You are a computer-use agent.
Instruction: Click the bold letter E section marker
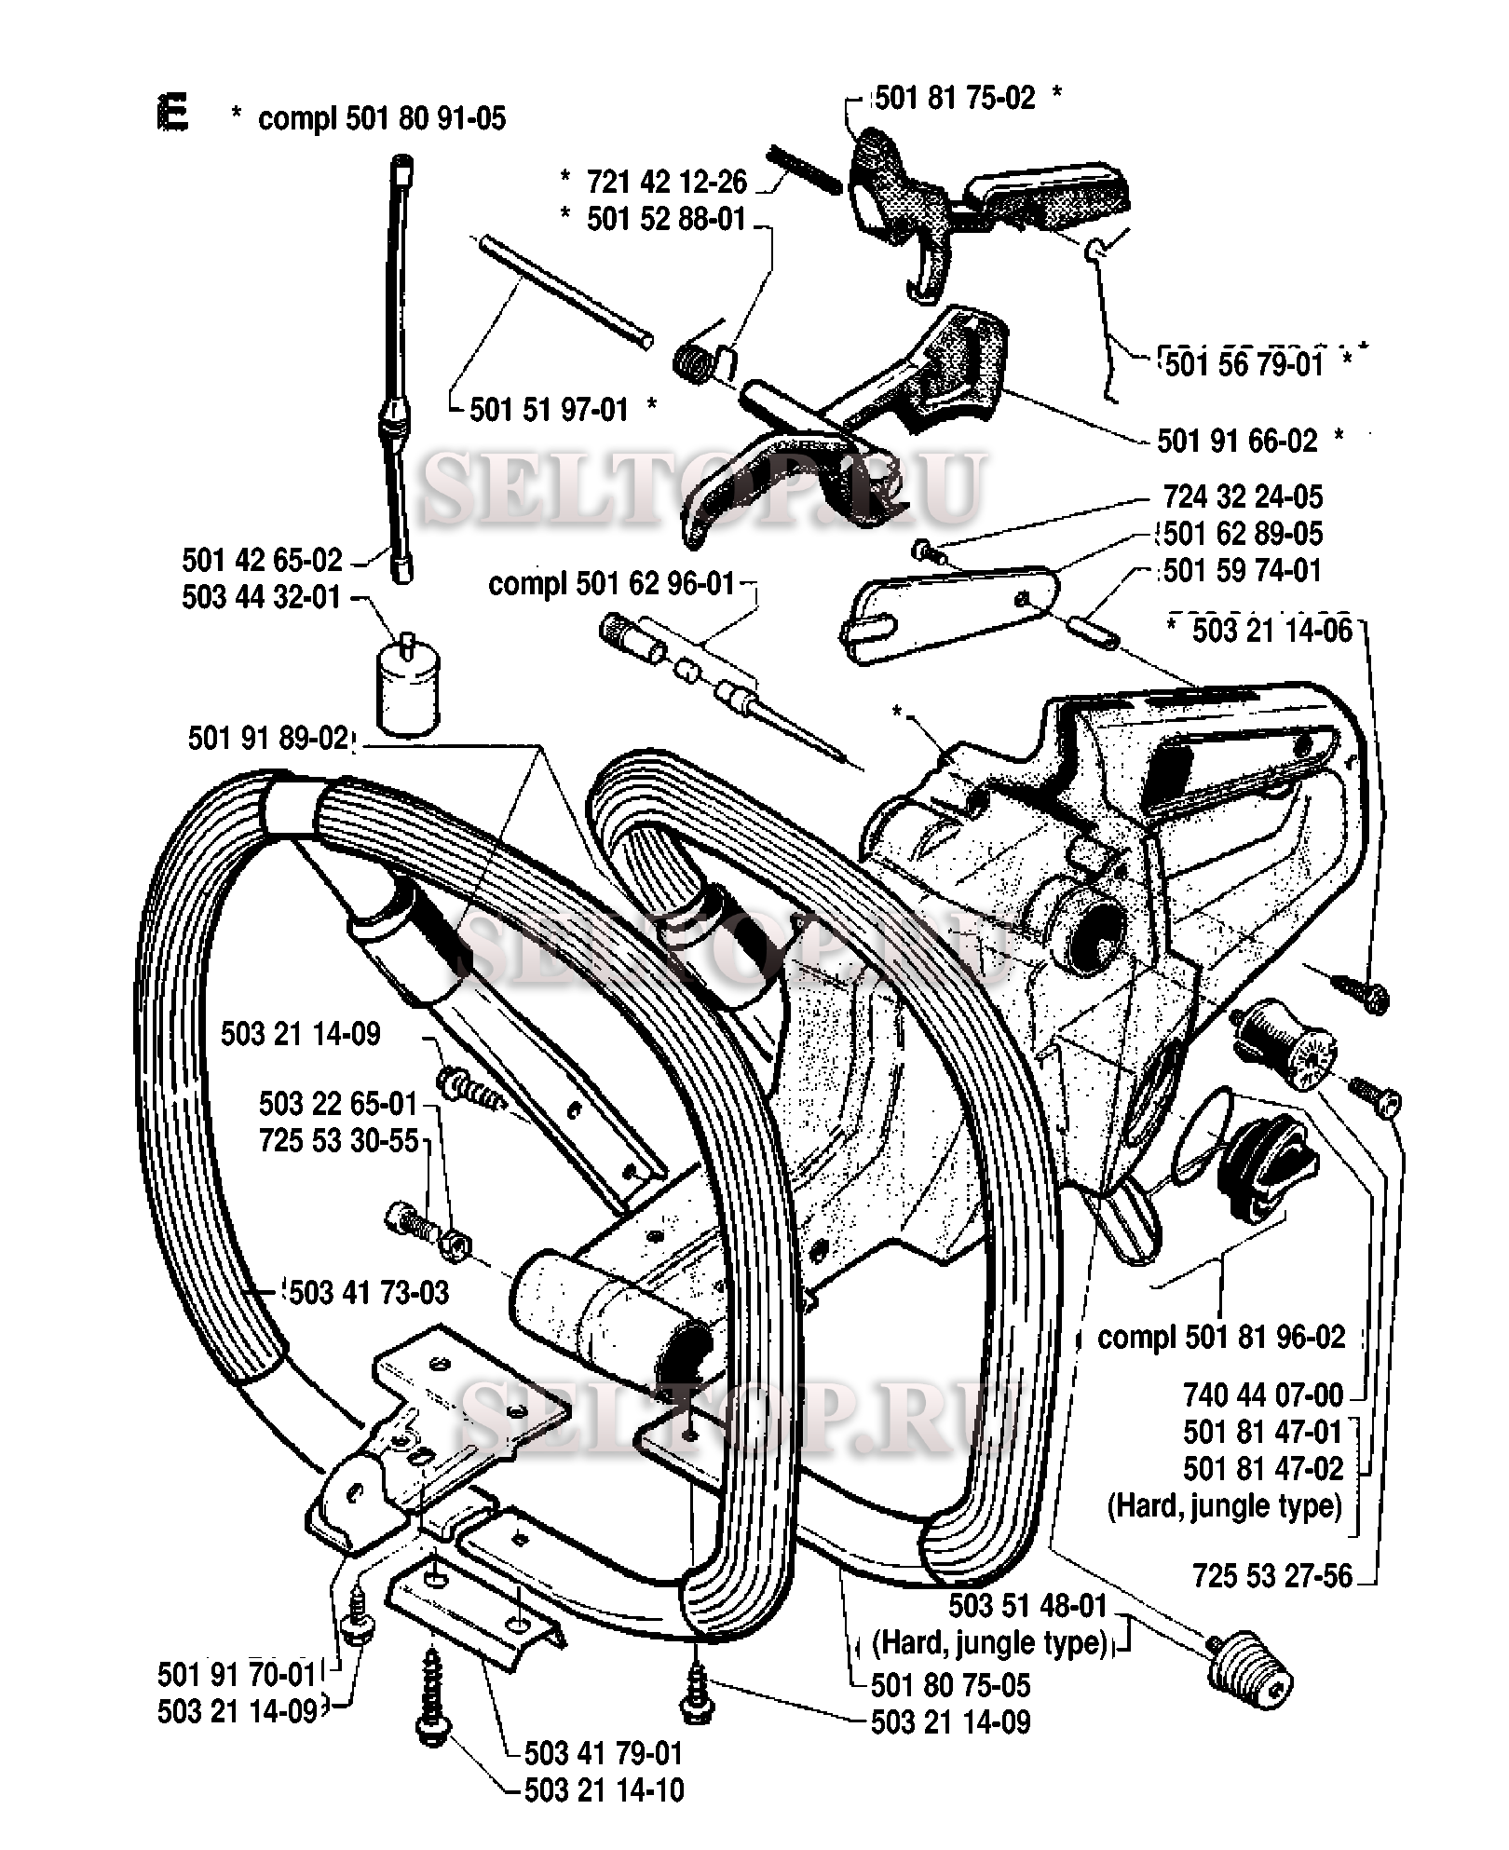click(173, 115)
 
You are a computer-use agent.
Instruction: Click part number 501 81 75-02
click(955, 98)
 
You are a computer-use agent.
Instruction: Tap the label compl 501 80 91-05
click(381, 118)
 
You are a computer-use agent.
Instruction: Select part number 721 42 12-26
click(667, 182)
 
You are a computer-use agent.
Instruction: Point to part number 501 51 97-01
click(550, 409)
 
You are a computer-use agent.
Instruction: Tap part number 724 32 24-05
click(1243, 497)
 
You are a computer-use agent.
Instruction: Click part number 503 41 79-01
click(604, 1752)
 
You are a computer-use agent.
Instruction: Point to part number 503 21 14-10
click(604, 1789)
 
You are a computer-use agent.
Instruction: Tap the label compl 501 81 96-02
click(1221, 1338)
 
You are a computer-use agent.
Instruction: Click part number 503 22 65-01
click(338, 1104)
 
